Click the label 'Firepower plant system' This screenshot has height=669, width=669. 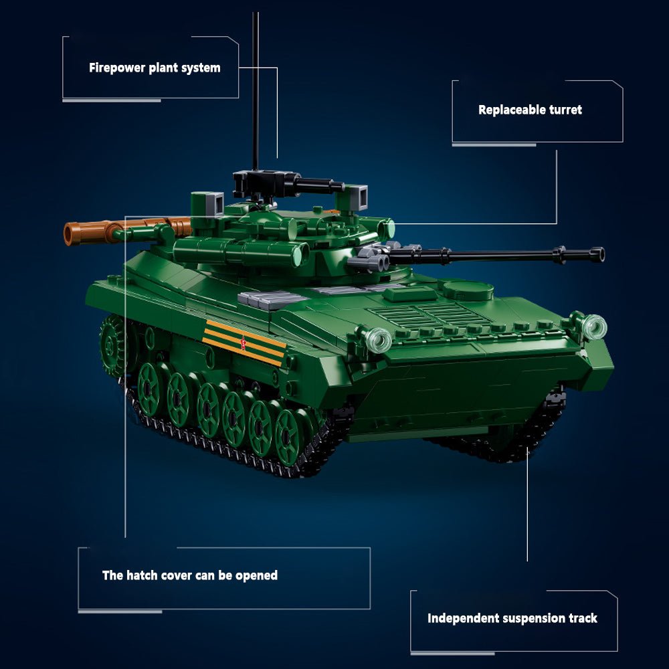(x=155, y=68)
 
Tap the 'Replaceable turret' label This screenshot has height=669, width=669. (x=530, y=110)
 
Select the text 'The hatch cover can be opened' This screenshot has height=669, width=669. (x=189, y=575)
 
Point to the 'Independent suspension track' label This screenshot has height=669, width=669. (x=512, y=618)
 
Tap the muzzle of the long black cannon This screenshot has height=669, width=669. (x=597, y=254)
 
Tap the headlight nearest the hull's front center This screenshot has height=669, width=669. (x=378, y=339)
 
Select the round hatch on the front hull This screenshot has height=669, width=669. (x=468, y=289)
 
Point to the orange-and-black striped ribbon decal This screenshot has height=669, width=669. (x=244, y=343)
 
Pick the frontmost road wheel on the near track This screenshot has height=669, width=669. (x=290, y=437)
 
